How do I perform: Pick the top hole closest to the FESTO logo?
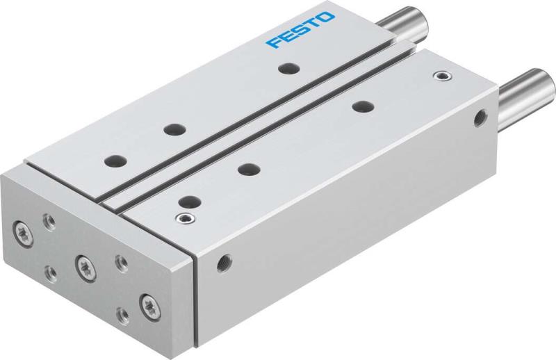284,67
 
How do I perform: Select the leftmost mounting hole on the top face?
111,161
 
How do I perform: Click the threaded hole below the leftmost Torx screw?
51,272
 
